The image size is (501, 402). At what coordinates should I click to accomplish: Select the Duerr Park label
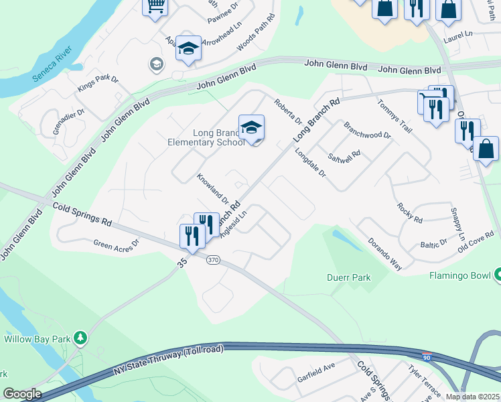click(348, 277)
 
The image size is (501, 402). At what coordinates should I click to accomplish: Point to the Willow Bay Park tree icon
click(80, 338)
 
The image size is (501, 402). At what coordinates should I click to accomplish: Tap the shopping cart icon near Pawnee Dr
click(155, 7)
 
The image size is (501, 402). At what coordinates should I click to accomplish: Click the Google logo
click(22, 394)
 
